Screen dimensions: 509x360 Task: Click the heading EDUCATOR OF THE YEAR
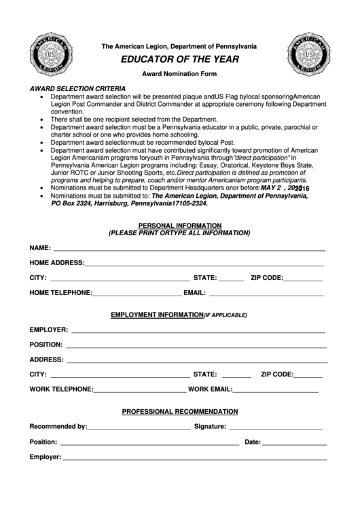click(x=179, y=60)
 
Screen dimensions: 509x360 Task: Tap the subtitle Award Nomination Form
click(x=179, y=73)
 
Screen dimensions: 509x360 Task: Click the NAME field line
click(x=189, y=248)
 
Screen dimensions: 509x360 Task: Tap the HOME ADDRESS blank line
click(x=204, y=264)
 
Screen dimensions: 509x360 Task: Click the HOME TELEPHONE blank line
click(x=137, y=294)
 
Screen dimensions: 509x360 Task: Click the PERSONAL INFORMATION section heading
click(x=179, y=225)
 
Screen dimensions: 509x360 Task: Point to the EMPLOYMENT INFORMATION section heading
click(x=156, y=315)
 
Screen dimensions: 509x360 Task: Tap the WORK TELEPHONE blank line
click(x=139, y=391)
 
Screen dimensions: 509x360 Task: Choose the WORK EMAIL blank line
click(x=275, y=391)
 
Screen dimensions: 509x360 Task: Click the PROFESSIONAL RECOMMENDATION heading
click(x=179, y=411)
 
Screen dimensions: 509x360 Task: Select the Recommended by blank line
click(x=139, y=428)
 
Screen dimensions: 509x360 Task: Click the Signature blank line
click(x=276, y=428)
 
